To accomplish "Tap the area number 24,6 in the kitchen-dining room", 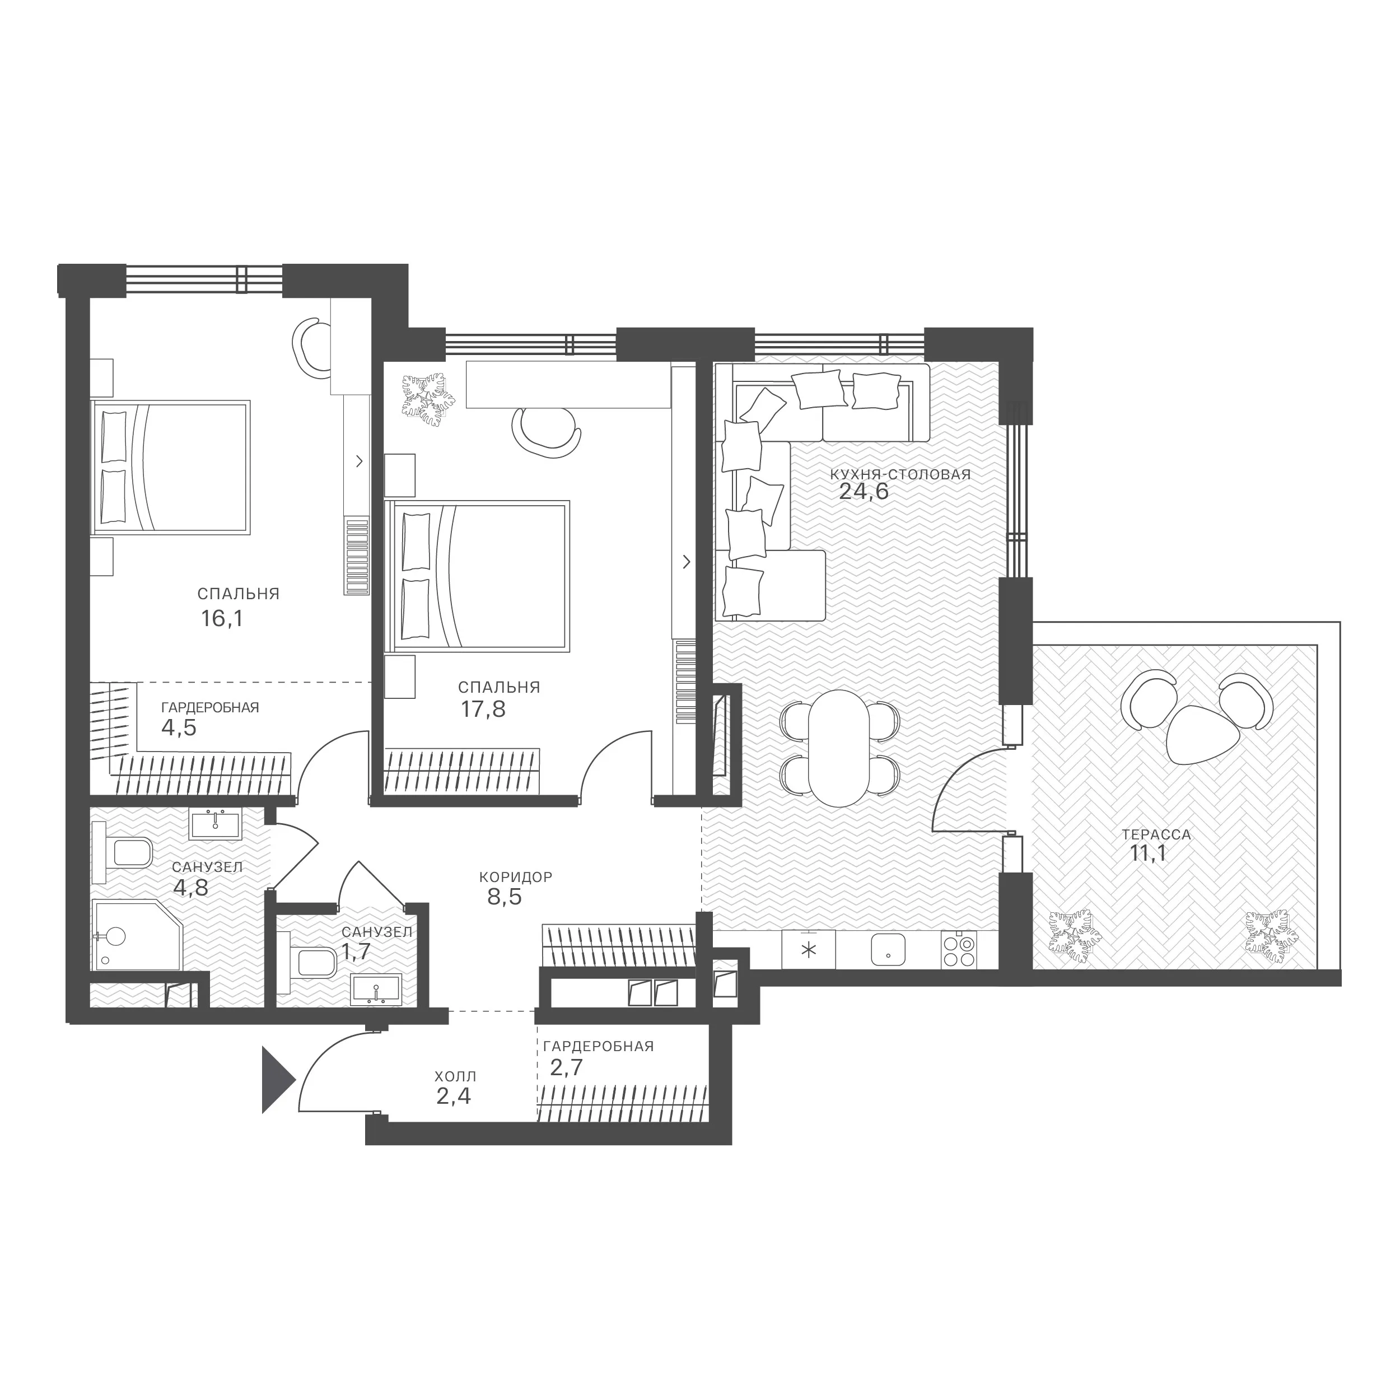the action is pyautogui.click(x=864, y=492).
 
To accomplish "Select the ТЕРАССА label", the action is pyautogui.click(x=1156, y=835).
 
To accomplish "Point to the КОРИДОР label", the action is pyautogui.click(x=516, y=877).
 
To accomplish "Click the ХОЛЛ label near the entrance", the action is pyautogui.click(x=456, y=1077).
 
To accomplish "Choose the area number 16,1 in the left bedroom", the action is pyautogui.click(x=222, y=619).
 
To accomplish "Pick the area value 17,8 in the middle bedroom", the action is pyautogui.click(x=483, y=709).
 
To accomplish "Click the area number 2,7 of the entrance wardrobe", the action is pyautogui.click(x=567, y=1067).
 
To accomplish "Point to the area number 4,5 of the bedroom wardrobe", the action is pyautogui.click(x=179, y=727).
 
